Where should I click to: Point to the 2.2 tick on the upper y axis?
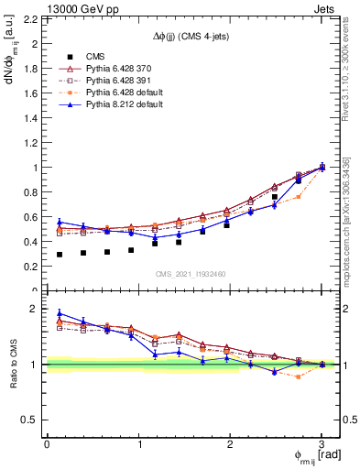(27, 19)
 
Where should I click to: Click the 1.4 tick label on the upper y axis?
(27, 118)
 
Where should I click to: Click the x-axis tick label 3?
(322, 443)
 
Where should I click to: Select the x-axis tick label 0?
(47, 443)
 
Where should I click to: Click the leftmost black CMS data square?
(60, 255)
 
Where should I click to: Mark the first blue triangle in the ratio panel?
(60, 313)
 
